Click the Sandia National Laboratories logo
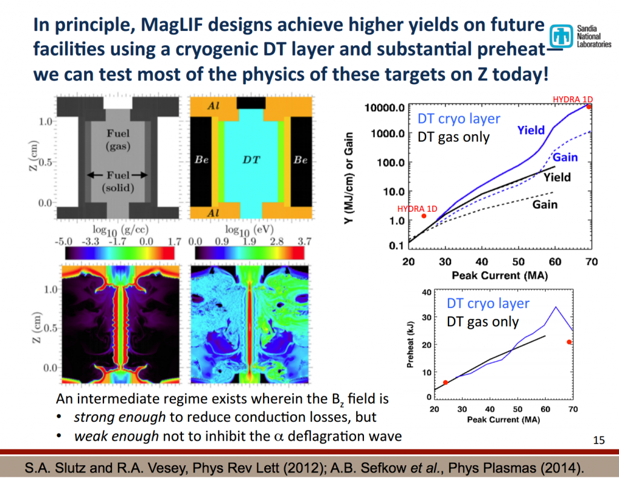coord(583,40)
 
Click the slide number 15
coord(599,440)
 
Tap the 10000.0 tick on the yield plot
coord(384,107)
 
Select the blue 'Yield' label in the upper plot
coord(531,129)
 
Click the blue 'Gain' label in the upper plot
coord(565,157)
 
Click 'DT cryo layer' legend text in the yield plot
coord(459,119)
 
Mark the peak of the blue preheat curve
coord(555,307)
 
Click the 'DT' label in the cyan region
coord(251,160)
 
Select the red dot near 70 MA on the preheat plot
coord(569,342)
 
